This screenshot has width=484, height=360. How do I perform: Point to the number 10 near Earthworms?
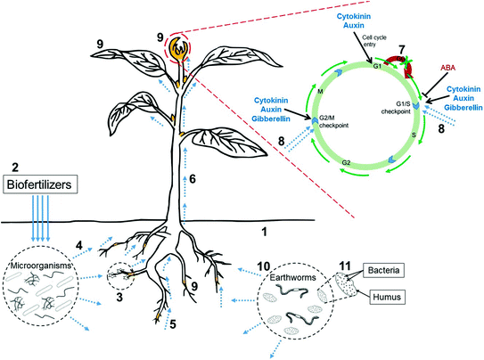click(264, 266)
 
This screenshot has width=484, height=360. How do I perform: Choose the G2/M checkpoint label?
click(335, 124)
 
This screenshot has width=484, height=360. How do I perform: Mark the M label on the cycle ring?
click(320, 89)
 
